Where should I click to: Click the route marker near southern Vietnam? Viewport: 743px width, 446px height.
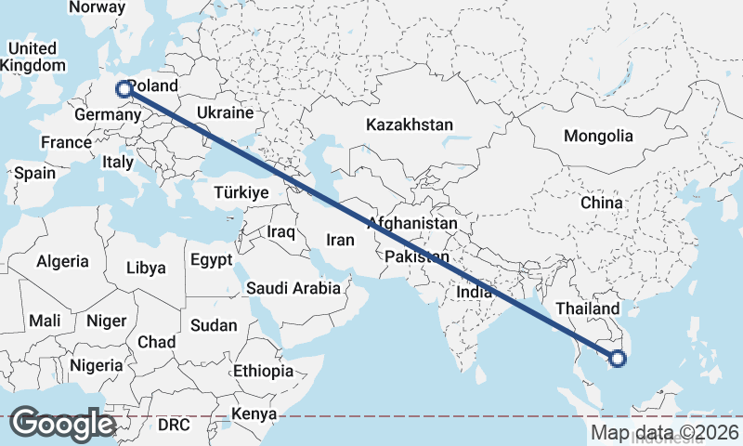coord(618,358)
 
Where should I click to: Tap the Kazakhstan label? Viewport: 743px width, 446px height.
coord(409,125)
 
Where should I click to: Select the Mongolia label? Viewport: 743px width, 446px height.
coord(598,136)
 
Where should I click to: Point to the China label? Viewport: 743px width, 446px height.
coord(601,203)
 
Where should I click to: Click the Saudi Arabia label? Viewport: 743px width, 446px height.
coord(293,288)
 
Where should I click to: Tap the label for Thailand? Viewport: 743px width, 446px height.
coord(587,308)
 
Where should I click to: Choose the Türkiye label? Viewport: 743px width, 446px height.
coord(241,192)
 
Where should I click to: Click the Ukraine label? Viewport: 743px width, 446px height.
coord(225,113)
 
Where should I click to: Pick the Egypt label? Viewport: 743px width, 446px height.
coord(211,259)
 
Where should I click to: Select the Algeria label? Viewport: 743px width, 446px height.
coord(63,262)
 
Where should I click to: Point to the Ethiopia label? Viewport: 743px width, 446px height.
coord(263,371)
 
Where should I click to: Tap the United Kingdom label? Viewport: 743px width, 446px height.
coord(33,57)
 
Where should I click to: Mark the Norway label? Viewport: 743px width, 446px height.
coord(98,7)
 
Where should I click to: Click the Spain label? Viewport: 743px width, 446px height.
coord(34,173)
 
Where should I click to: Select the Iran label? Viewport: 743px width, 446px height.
coord(340,240)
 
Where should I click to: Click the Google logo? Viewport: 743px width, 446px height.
coord(62,424)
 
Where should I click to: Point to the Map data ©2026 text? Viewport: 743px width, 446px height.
coord(665,432)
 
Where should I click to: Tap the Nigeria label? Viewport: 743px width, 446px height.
coord(95,365)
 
